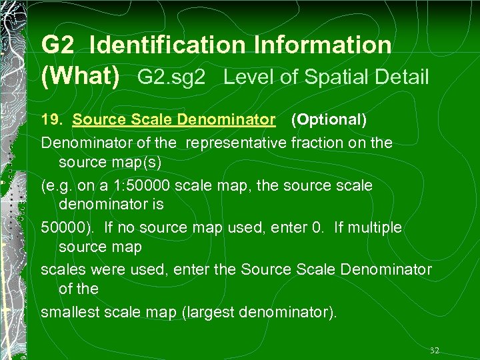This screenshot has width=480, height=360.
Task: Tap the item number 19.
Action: (52, 120)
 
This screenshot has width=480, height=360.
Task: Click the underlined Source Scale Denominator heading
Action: (174, 120)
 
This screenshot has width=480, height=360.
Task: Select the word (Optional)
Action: (329, 120)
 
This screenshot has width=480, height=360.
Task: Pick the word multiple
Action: (373, 227)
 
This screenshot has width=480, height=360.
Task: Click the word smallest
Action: (69, 312)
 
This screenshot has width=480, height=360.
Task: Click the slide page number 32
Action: (435, 350)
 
